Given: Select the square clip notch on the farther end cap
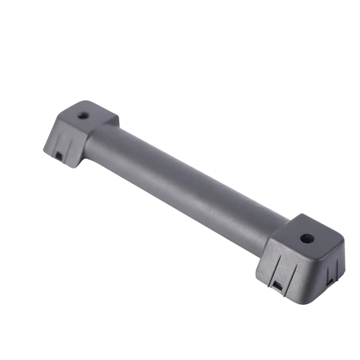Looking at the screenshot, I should pos(59,155).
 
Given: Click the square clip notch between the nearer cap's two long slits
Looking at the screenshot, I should pos(277,285).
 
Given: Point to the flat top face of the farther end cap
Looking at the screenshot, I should pos(90,115).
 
